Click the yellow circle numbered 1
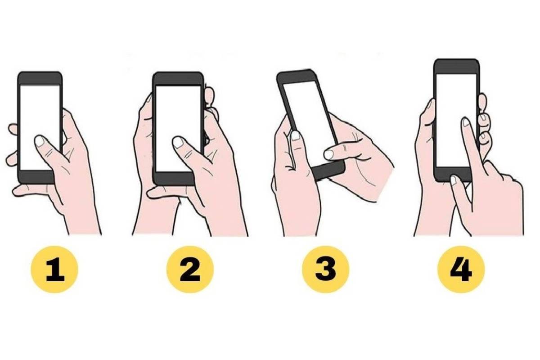54,270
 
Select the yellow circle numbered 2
190,270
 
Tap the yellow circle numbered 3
325,270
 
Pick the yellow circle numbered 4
461,270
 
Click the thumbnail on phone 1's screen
40,141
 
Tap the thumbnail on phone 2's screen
178,142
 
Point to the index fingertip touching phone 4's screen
465,122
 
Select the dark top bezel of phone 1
40,78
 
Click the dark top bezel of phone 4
456,66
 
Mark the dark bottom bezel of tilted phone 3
328,170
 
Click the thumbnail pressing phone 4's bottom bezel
454,181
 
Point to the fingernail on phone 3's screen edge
295,136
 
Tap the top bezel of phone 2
178,79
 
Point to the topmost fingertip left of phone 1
13,129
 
